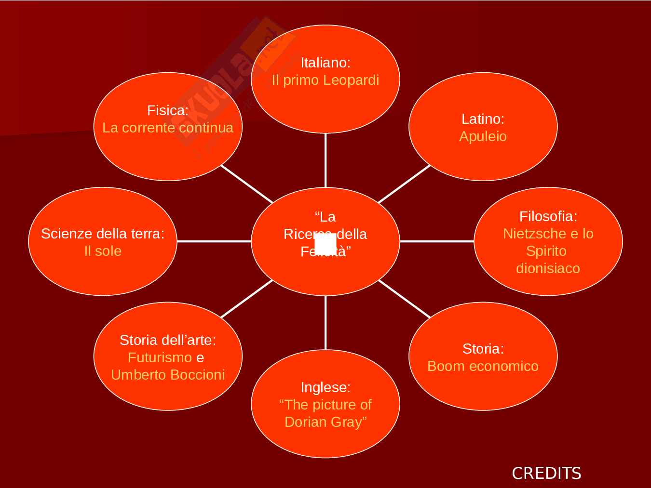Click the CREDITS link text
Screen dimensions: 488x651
(546, 473)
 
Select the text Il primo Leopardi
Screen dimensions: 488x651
(325, 80)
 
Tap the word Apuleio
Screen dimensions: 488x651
(483, 136)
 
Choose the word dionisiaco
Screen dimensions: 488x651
(548, 268)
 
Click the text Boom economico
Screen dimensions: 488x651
(483, 366)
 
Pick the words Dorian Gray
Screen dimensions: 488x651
(325, 422)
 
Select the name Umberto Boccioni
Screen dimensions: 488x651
(168, 375)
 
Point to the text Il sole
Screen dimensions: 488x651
(103, 251)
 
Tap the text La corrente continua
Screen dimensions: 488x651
(168, 128)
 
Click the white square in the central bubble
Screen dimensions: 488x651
(325, 243)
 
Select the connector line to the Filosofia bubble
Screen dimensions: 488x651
(437, 241)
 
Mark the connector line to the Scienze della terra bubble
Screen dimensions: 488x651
(214, 241)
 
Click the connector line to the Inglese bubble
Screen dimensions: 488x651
(325, 323)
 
